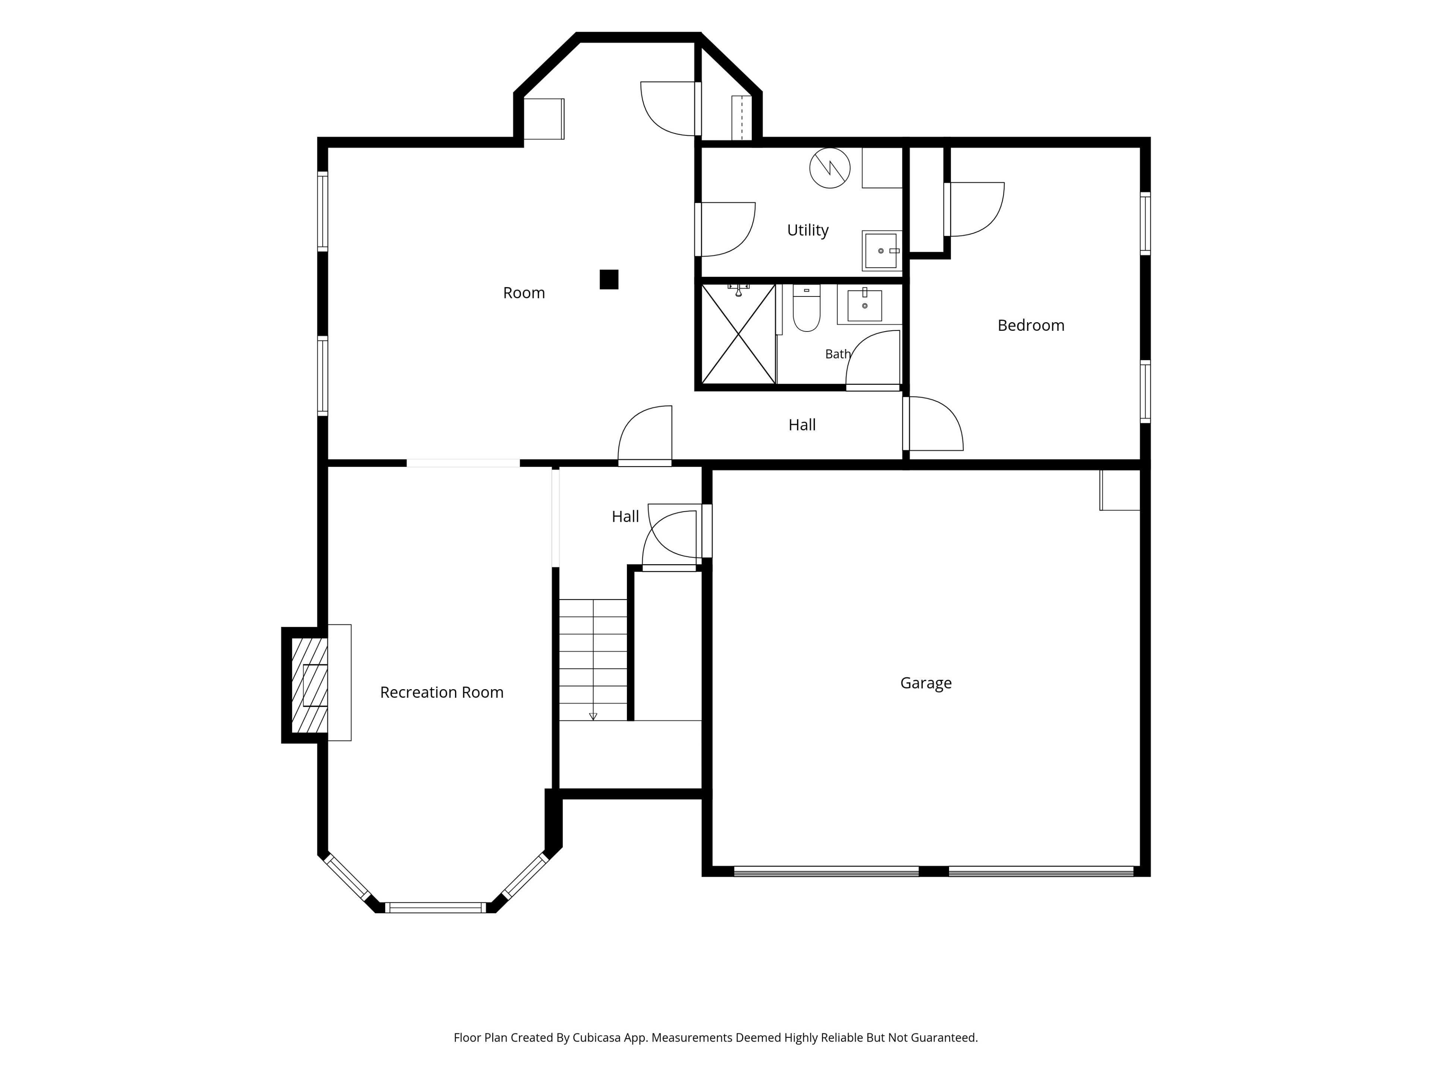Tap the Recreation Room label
pos(442,692)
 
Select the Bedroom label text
pos(1031,325)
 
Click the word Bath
pos(838,354)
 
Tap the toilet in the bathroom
pos(807,308)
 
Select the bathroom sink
pos(864,305)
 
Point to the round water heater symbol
pos(830,168)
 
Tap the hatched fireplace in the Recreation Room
pos(310,685)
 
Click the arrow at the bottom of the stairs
pos(593,716)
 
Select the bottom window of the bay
pos(436,908)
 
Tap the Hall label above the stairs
pos(625,516)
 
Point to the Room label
pos(524,293)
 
